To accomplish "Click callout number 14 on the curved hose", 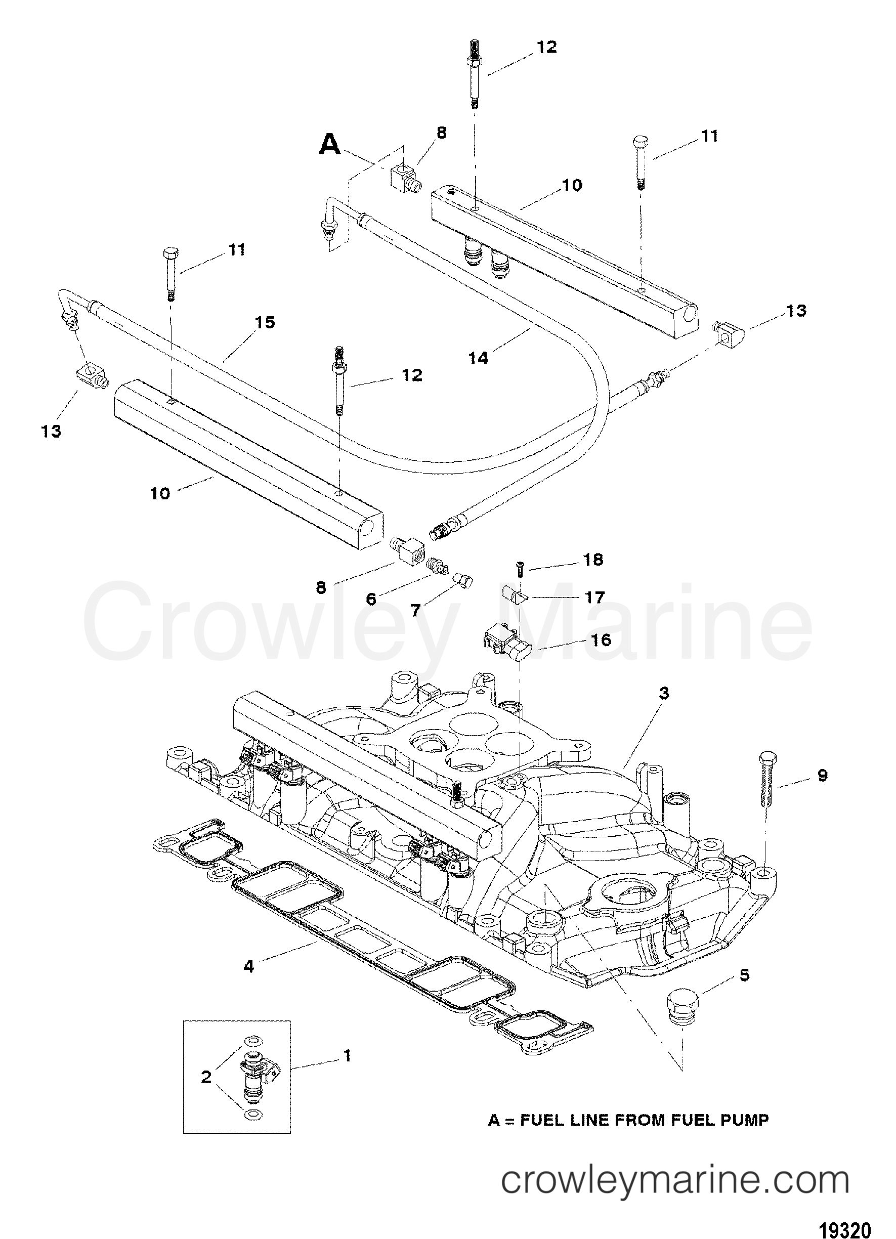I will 478,358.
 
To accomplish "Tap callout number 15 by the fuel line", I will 265,322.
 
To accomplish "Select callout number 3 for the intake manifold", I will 663,693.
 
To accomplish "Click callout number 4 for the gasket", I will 248,966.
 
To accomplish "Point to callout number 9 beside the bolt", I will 822,775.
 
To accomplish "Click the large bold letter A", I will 330,145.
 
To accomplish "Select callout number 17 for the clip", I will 595,597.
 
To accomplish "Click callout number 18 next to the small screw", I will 593,560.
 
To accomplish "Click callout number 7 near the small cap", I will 416,610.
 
